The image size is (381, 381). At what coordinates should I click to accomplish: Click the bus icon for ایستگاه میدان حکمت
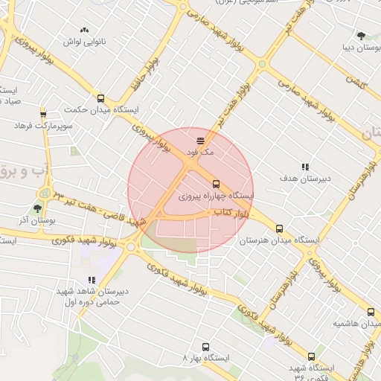coord(100,98)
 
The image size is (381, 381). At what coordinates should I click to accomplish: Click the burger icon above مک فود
coord(201,140)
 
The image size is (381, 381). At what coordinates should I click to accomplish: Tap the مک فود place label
coord(201,152)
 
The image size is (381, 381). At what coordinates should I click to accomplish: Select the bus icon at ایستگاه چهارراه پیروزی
coord(216,184)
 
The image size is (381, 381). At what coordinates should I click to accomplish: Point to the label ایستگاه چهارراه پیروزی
coord(216,196)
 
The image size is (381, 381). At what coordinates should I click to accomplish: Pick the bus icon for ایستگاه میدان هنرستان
coord(279,228)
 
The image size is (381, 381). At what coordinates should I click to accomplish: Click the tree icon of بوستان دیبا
coord(361,35)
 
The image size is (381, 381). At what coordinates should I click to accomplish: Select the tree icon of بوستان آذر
coord(37,208)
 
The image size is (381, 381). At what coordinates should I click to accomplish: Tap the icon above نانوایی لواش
coord(84,30)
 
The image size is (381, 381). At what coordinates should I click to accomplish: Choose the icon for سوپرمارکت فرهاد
coord(42,114)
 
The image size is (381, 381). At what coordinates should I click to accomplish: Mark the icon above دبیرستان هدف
coord(304,167)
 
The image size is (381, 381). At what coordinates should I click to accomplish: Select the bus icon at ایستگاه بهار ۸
coord(206,346)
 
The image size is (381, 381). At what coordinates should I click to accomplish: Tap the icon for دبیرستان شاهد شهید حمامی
coord(92,280)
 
